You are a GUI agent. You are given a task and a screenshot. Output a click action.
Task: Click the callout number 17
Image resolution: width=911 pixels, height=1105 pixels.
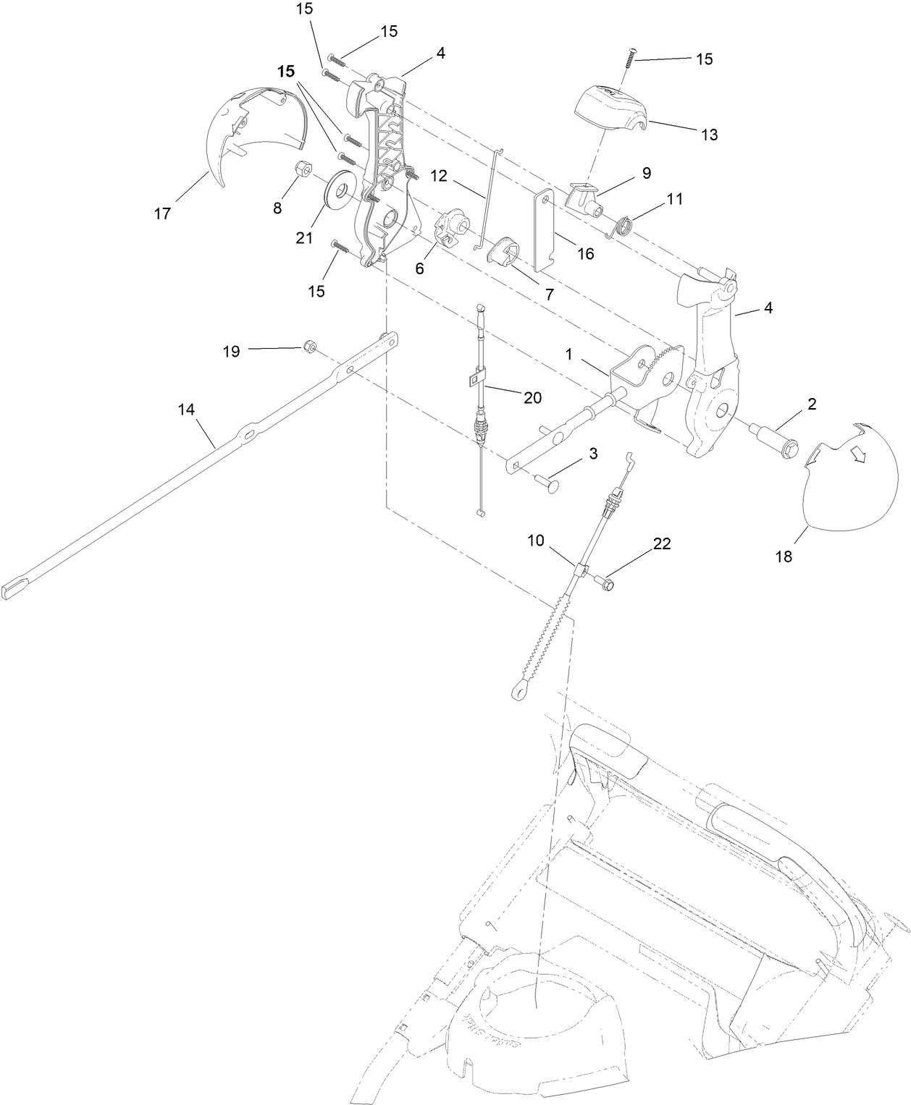coord(162,213)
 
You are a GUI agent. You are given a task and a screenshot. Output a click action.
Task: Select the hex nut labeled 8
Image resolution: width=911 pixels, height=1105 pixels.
coord(302,172)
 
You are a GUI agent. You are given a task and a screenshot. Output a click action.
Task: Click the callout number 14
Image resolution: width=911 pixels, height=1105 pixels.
coord(186,410)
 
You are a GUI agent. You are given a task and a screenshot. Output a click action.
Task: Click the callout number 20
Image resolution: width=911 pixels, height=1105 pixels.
coord(533,397)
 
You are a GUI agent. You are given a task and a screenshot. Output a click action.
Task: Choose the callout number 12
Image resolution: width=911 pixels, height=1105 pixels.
coord(439,175)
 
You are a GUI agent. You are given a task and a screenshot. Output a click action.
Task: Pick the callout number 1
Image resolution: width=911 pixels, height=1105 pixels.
coord(569,355)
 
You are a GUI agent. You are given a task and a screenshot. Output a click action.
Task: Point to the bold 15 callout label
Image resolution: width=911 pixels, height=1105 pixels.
coord(287,71)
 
